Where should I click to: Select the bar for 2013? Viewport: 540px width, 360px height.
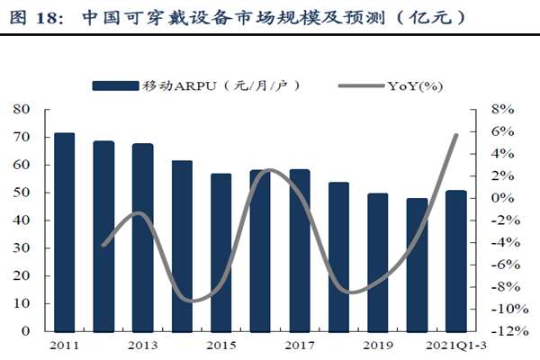(142, 238)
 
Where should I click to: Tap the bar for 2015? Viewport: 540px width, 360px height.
(220, 252)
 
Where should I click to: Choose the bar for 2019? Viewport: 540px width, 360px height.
(377, 262)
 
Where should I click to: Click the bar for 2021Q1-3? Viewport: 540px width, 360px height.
(455, 261)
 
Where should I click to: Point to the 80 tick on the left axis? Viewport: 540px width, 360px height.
(22, 109)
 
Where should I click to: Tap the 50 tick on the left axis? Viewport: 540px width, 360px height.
(22, 193)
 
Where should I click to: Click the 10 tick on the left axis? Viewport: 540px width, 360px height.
(22, 303)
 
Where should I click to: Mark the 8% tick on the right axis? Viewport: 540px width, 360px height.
(502, 109)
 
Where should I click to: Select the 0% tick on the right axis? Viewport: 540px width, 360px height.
(502, 198)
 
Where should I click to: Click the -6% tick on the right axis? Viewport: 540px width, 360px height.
(504, 265)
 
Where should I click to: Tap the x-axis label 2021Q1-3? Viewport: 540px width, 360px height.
(459, 345)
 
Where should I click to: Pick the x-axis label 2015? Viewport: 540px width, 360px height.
(220, 345)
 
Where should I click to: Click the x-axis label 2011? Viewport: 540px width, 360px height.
(65, 345)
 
